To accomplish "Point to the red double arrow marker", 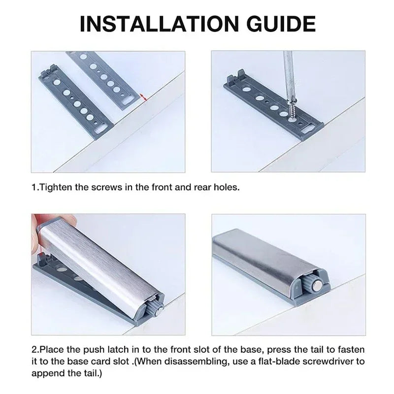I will [x=143, y=97].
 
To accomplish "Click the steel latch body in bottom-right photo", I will [x=261, y=261].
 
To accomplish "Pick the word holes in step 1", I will [x=227, y=188].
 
